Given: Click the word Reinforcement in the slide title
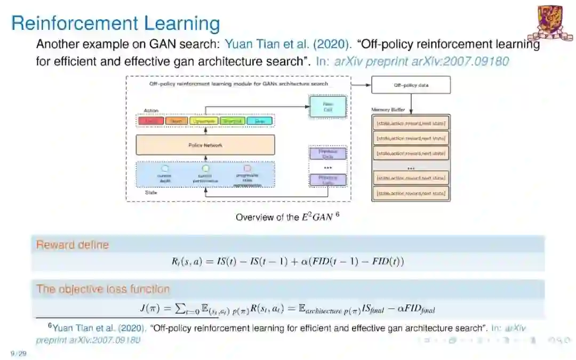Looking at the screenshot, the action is (x=74, y=23).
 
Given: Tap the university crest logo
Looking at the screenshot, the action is (x=554, y=23).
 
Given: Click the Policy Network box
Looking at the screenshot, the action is (x=205, y=145).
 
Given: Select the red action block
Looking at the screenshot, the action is (x=151, y=121).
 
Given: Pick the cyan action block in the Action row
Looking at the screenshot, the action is (x=259, y=121).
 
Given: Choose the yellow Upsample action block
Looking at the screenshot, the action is (x=203, y=121).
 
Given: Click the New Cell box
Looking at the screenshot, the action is (x=327, y=106).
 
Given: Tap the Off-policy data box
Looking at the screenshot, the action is (x=410, y=85).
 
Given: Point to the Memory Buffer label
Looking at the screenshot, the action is (x=388, y=110).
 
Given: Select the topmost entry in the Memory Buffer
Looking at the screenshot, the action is (x=410, y=124).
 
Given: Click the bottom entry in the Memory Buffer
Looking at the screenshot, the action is (x=410, y=193).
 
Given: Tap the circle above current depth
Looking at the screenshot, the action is (x=165, y=167).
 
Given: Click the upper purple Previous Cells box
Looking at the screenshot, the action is (x=327, y=154).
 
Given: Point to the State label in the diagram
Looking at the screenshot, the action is (x=151, y=192).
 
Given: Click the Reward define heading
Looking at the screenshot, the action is (x=72, y=245).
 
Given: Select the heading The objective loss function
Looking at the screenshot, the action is (x=103, y=289).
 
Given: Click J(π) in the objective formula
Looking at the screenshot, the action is (x=151, y=309).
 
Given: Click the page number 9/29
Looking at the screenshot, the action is (x=18, y=353).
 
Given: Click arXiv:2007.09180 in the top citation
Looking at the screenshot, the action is (x=460, y=61).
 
